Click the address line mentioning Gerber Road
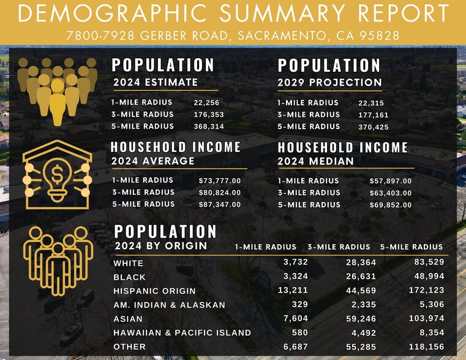click(x=233, y=36)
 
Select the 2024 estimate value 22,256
click(x=206, y=103)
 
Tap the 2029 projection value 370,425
click(x=373, y=127)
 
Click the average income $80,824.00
click(x=220, y=193)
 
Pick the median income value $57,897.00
click(x=391, y=181)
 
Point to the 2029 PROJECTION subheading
click(x=329, y=83)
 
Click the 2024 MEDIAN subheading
click(x=315, y=162)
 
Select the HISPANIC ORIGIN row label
click(x=154, y=291)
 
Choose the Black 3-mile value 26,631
click(x=360, y=277)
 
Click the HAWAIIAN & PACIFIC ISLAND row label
click(x=182, y=332)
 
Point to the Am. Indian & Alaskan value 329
click(x=299, y=304)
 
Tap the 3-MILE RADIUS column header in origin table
click(x=339, y=247)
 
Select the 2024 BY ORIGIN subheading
click(x=160, y=246)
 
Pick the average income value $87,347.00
click(x=220, y=204)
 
